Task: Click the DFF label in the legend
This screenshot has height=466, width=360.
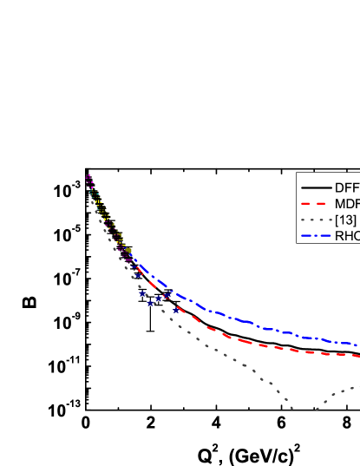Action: (x=346, y=187)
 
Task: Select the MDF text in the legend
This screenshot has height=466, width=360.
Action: (x=346, y=204)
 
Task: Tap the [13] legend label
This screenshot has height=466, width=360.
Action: (x=345, y=220)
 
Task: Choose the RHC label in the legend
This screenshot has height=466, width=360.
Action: (x=346, y=236)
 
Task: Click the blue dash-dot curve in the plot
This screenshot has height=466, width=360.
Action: (x=260, y=327)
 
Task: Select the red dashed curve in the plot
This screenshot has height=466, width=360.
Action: (x=260, y=344)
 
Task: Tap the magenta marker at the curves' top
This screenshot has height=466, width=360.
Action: (x=88, y=176)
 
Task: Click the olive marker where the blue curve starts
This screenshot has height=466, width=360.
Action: (x=128, y=250)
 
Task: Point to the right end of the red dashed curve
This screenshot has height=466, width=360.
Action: (x=358, y=355)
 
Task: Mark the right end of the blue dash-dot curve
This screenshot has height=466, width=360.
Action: (x=358, y=345)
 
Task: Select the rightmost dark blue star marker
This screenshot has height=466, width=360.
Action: (x=176, y=310)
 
